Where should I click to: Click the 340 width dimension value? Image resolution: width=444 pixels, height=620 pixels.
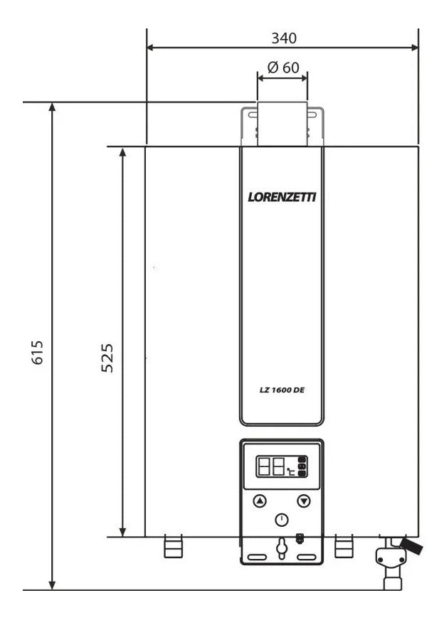(283, 37)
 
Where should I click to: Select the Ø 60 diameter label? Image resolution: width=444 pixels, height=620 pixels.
(283, 68)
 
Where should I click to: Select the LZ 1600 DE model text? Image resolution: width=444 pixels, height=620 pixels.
(282, 389)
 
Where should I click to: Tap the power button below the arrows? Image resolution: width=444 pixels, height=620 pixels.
(282, 520)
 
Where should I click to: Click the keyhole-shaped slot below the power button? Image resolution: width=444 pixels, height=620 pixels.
(282, 547)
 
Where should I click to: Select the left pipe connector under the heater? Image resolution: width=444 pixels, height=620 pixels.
(173, 548)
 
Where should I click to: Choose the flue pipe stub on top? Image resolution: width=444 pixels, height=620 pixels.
(282, 124)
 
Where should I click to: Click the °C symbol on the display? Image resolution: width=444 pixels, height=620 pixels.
(290, 471)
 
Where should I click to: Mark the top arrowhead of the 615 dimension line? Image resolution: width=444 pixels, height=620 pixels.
(52, 106)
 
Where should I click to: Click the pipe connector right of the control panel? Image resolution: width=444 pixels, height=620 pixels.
(344, 547)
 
